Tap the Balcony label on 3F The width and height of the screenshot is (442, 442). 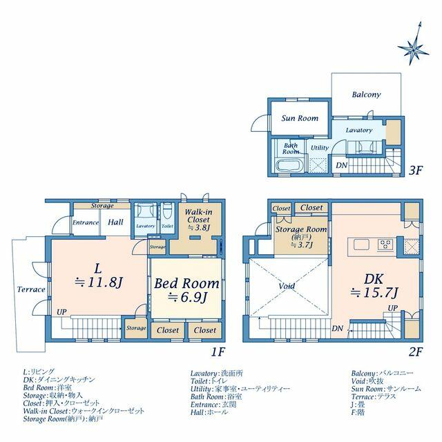(366, 95)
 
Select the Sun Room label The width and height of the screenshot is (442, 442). (300, 118)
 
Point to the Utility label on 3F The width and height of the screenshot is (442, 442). (320, 148)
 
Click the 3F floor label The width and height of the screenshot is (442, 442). (416, 171)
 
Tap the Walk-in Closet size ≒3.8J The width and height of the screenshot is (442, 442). (199, 227)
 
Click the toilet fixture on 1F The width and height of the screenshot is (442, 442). (168, 210)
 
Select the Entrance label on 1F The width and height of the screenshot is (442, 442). (86, 222)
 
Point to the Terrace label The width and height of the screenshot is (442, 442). (31, 289)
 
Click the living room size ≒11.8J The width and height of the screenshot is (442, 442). (99, 282)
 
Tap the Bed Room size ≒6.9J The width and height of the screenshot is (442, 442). (187, 297)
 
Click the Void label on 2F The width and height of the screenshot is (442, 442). (287, 287)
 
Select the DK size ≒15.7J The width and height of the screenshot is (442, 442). (374, 293)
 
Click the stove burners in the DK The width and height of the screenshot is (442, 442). (385, 244)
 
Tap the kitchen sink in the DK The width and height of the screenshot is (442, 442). (361, 244)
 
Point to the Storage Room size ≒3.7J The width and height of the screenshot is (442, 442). (302, 245)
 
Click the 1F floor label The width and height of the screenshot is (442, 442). (218, 352)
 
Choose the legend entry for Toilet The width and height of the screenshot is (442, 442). (209, 381)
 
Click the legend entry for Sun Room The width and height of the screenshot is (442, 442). (386, 389)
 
